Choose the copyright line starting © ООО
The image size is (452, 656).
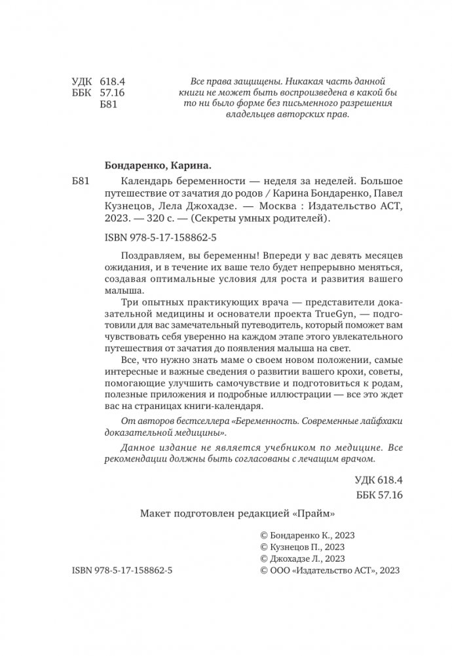coord(330,571)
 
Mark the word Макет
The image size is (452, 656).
coord(155,513)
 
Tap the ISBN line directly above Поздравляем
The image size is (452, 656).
coord(161,237)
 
